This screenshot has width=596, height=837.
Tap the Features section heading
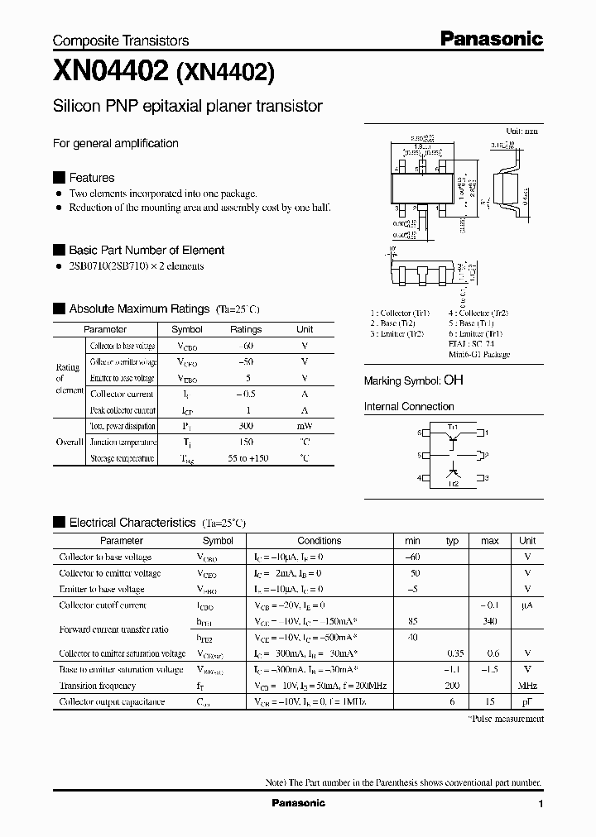91,178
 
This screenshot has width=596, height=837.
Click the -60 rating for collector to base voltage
245,346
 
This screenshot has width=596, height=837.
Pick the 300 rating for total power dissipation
245,426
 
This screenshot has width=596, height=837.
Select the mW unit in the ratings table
305,426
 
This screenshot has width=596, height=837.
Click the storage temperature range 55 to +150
245,458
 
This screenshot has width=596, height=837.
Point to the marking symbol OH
454,380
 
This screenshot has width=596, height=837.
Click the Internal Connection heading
409,407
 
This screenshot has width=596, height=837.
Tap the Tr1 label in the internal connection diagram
453,426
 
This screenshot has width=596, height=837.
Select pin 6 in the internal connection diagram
420,433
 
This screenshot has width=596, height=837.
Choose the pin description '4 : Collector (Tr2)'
478,313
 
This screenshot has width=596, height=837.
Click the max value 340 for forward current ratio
490,621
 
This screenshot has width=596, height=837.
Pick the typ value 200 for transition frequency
452,686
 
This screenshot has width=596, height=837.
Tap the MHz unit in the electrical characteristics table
527,686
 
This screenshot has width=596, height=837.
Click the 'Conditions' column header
319,541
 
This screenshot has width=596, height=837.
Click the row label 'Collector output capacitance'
112,701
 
